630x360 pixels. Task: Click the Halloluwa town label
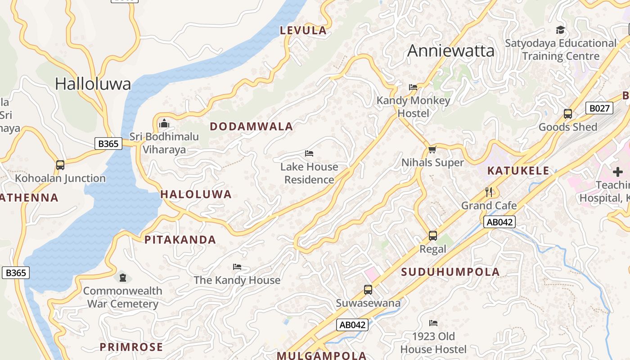(x=93, y=84)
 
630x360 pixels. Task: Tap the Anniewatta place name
(x=450, y=51)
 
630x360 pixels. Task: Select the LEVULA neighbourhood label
(x=303, y=31)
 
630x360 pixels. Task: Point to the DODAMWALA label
(x=252, y=126)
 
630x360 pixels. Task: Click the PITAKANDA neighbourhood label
(x=180, y=240)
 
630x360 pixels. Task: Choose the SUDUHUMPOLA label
(x=450, y=272)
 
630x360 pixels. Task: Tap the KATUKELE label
(x=518, y=171)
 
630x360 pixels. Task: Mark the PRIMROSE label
(x=131, y=347)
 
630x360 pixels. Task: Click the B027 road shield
(x=599, y=108)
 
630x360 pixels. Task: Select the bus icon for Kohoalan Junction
(x=60, y=165)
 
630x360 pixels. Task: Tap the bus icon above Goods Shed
(x=568, y=114)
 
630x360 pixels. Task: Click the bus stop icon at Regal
(x=433, y=236)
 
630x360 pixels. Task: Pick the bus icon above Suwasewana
(x=368, y=290)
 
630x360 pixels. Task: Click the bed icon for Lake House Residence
(x=309, y=153)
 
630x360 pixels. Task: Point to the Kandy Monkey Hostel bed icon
(x=413, y=87)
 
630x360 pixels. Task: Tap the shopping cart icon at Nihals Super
(x=432, y=149)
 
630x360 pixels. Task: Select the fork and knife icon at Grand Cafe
(x=489, y=192)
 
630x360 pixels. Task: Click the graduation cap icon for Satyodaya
(x=560, y=30)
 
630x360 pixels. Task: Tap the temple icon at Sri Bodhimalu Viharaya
(x=164, y=123)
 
